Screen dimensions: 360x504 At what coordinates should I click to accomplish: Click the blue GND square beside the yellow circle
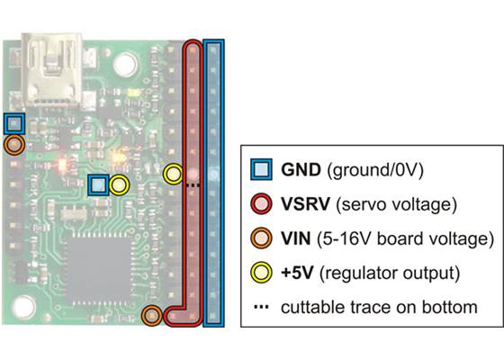coord(99,185)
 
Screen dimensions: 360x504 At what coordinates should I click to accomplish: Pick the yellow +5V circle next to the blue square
coord(120,185)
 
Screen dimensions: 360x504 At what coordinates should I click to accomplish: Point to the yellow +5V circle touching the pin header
coord(173,172)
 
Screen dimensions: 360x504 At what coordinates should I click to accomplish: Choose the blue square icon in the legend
coord(260,168)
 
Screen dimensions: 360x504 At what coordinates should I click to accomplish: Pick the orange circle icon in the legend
coord(260,238)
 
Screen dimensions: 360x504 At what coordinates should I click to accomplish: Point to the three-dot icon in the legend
coord(260,307)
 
